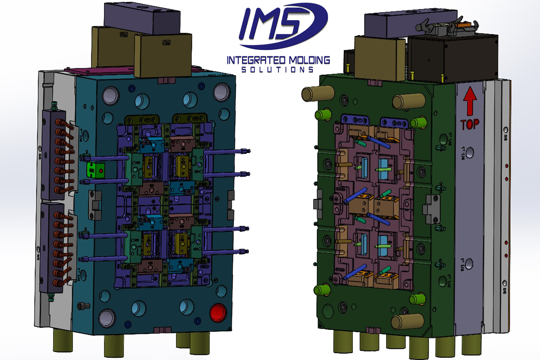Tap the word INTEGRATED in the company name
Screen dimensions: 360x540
253,60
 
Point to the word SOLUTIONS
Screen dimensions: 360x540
277,70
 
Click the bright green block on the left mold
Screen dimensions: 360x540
95,170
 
